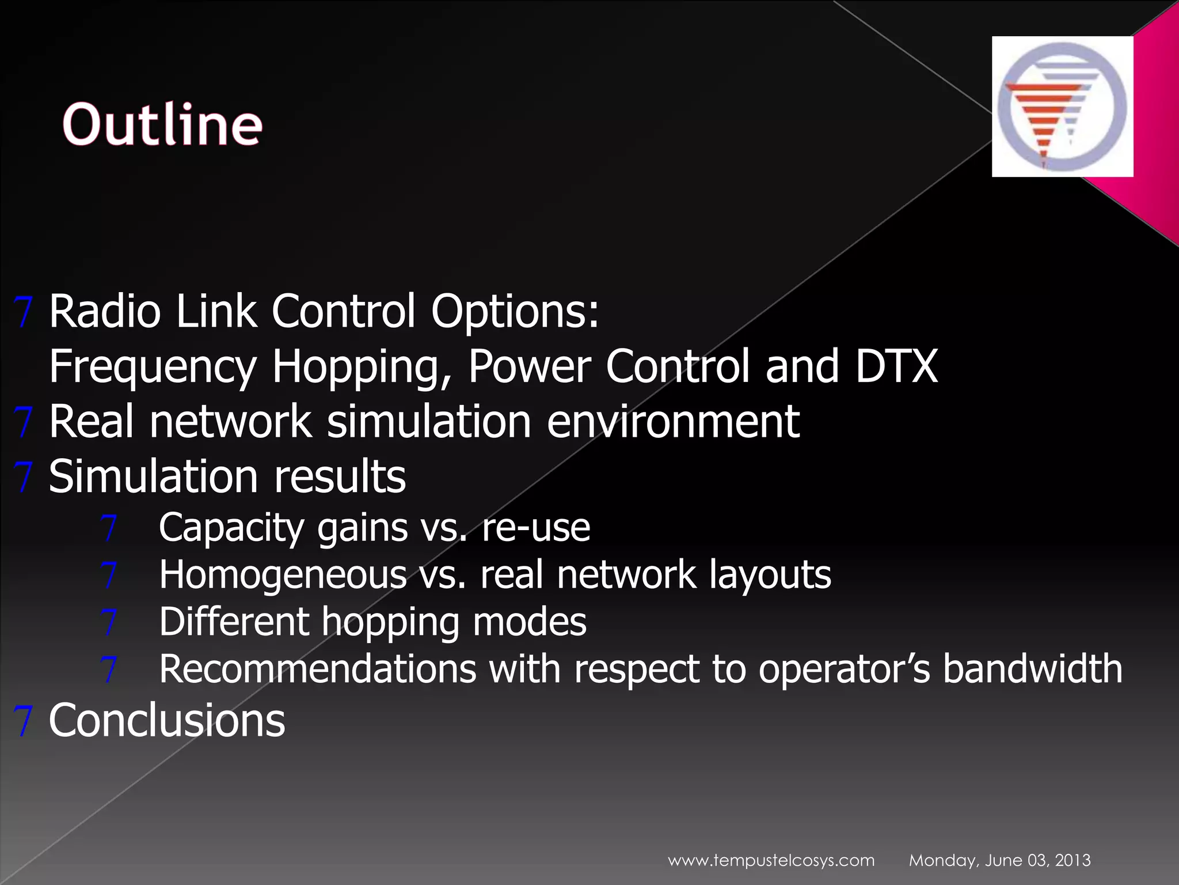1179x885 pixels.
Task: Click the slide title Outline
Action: click(162, 124)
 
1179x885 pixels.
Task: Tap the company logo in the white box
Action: click(1062, 107)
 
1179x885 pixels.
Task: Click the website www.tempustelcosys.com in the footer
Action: click(771, 860)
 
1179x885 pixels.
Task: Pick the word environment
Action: click(673, 421)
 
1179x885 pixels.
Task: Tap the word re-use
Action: click(535, 528)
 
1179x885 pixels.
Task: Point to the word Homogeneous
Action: click(283, 575)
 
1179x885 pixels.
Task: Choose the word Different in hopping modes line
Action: click(233, 622)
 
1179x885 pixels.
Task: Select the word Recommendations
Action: click(318, 670)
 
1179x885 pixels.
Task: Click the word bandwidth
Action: click(1032, 670)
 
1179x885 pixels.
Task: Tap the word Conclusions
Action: click(167, 720)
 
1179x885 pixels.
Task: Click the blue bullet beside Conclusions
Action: click(23, 720)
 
